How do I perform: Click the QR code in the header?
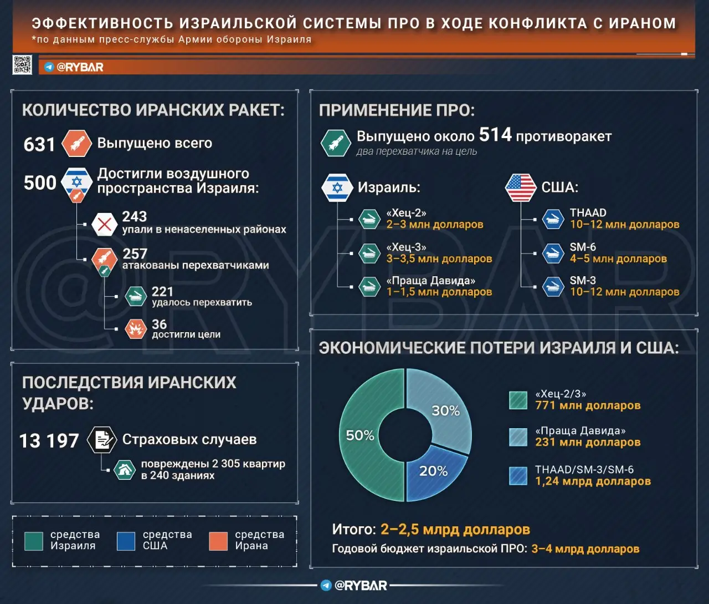pos(23,65)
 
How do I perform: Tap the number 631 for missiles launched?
pos(39,145)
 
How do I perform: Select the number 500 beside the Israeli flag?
pos(40,182)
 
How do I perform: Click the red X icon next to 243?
pos(104,225)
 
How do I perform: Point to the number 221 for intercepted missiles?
pos(162,292)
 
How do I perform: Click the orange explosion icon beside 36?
pos(135,329)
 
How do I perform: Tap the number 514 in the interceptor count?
pos(495,135)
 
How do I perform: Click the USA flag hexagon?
pos(521,187)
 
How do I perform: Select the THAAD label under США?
pos(588,213)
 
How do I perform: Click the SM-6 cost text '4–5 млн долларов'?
pos(618,259)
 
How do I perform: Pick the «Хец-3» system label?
pos(406,247)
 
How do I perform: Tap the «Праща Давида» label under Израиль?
pos(430,281)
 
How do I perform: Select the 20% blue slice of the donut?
pos(435,474)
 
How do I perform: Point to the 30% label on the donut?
pos(445,411)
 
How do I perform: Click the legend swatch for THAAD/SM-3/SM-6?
pos(518,476)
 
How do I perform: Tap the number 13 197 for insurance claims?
pos(49,441)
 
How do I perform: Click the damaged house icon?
pos(125,470)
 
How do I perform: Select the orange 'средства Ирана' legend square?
pos(218,541)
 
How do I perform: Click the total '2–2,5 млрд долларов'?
pos(455,530)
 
